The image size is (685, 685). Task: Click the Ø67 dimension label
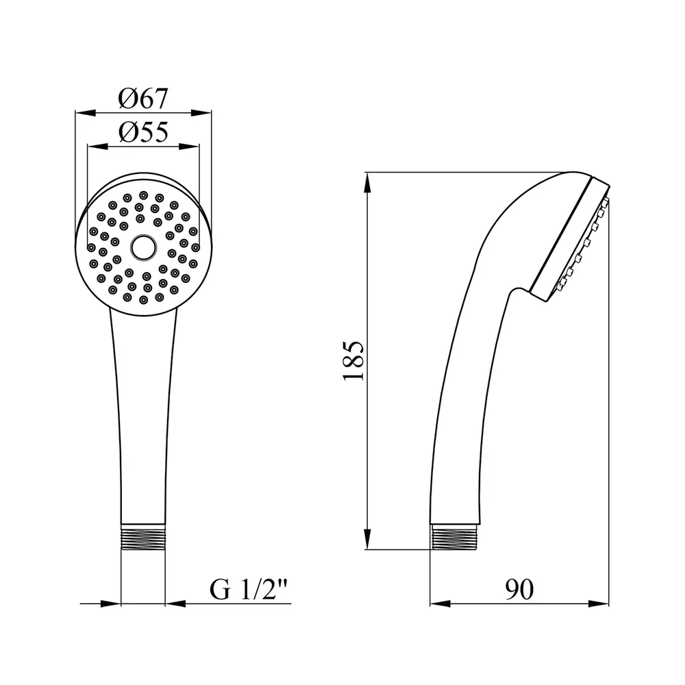coord(143,99)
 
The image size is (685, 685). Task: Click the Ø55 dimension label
coord(143,132)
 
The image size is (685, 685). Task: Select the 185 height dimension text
coord(353,361)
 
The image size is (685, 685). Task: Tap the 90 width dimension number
coord(519,589)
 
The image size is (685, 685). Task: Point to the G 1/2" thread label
coord(249,589)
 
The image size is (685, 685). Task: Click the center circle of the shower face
coord(143,247)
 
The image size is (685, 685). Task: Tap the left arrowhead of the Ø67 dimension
coord(85,113)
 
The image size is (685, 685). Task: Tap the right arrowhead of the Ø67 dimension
coord(201,113)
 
